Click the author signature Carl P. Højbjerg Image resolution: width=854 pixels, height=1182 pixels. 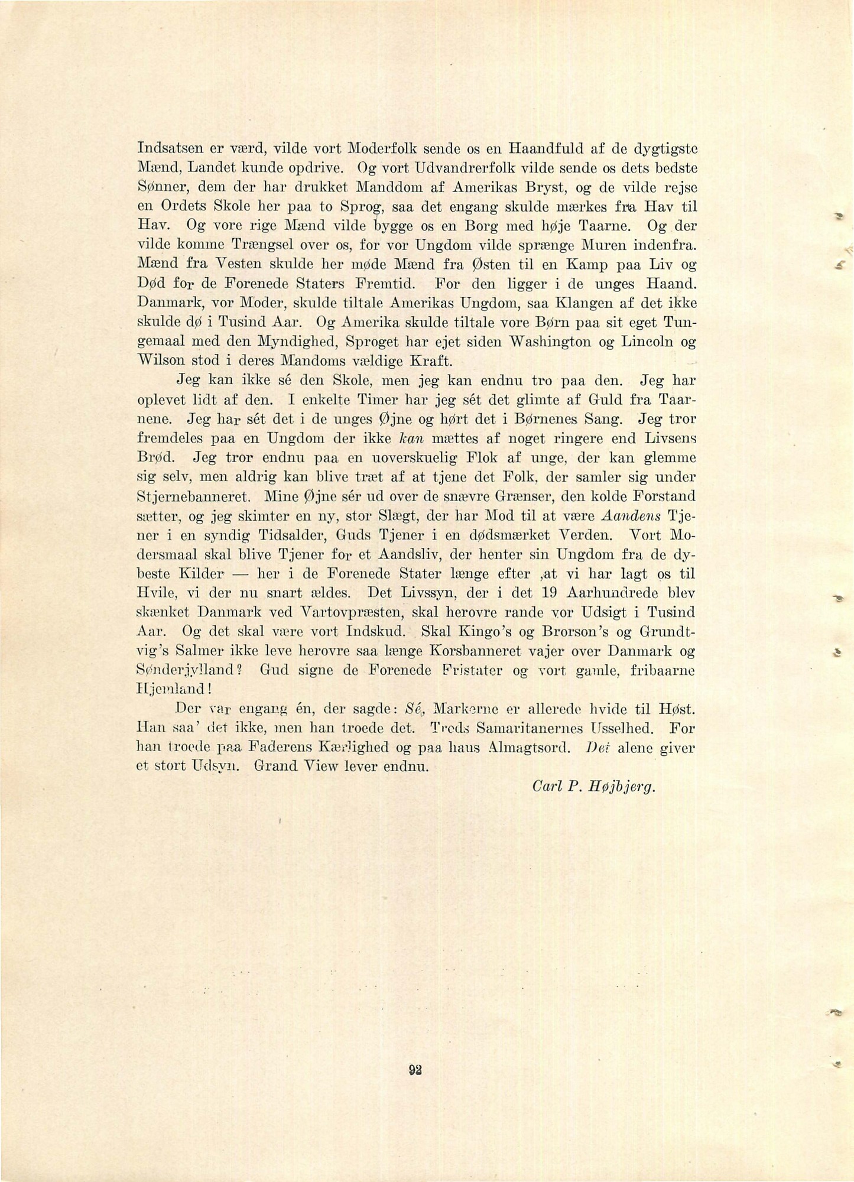[595, 787]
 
